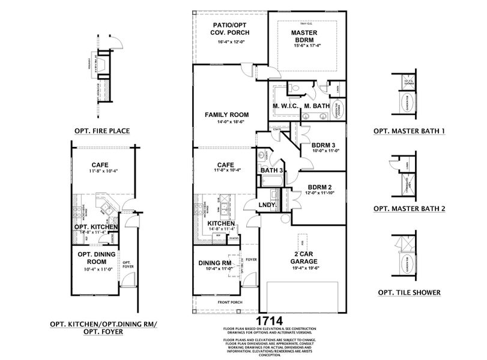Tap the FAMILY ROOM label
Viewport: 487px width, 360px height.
(x=226, y=114)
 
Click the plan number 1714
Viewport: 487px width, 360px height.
(x=270, y=321)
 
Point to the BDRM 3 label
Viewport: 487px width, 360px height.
(x=323, y=145)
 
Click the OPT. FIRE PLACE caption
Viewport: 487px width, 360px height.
(x=102, y=130)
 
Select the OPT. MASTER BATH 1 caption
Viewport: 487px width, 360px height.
(x=409, y=130)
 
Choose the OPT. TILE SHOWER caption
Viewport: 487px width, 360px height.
(x=409, y=292)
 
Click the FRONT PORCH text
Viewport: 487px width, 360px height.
(x=229, y=302)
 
